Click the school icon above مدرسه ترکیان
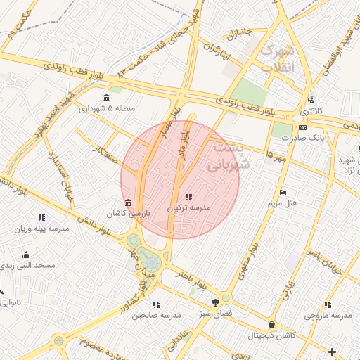pos(187,196)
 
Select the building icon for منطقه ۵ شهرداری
pos(106,98)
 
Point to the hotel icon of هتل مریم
pos(283,193)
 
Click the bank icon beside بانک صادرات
pos(302,127)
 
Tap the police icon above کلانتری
pos(310,100)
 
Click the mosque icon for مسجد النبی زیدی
pos(26,255)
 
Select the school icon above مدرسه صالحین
pos(156,304)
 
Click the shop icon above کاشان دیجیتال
pos(271,325)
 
